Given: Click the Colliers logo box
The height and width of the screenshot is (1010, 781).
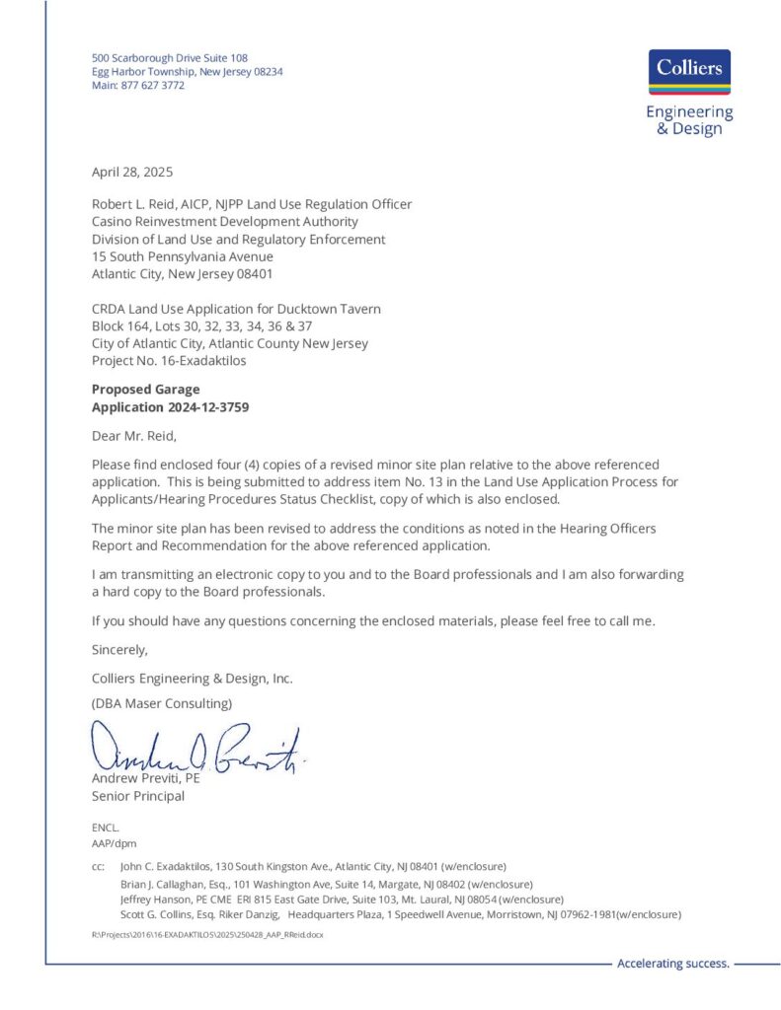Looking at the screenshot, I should [690, 71].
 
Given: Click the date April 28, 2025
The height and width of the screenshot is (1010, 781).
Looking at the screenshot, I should [132, 172].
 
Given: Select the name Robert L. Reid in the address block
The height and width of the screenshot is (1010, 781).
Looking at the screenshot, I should [133, 204].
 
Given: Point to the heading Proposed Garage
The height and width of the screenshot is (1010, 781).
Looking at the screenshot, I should [145, 390].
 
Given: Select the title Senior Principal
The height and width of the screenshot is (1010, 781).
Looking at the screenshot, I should [137, 796].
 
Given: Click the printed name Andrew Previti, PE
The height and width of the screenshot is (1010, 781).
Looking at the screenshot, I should [145, 779].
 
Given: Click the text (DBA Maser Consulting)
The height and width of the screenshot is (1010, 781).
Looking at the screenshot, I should [162, 703].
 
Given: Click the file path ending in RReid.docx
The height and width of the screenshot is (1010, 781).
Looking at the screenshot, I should [206, 933].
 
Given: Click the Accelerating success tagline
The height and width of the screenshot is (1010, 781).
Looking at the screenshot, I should [672, 964].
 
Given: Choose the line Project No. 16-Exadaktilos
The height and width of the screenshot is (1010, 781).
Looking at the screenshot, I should [169, 361].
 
